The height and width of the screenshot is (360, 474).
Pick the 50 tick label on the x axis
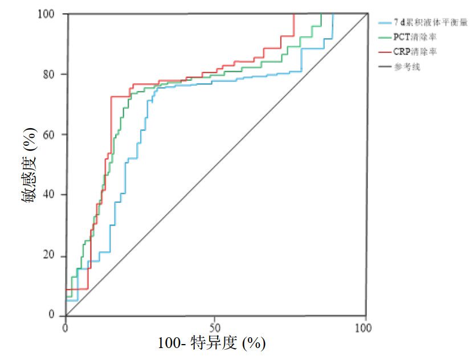[215, 328]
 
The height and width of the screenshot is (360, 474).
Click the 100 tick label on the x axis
[363, 328]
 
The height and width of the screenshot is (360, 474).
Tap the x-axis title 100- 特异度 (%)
[212, 343]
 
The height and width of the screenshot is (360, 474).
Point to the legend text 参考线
[406, 67]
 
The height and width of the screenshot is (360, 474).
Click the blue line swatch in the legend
[384, 23]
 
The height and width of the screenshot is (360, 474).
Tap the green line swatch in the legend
[384, 38]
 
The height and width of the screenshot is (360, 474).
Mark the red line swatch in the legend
[384, 52]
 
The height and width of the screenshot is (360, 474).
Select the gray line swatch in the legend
[384, 67]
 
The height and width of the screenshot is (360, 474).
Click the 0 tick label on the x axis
[66, 328]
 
